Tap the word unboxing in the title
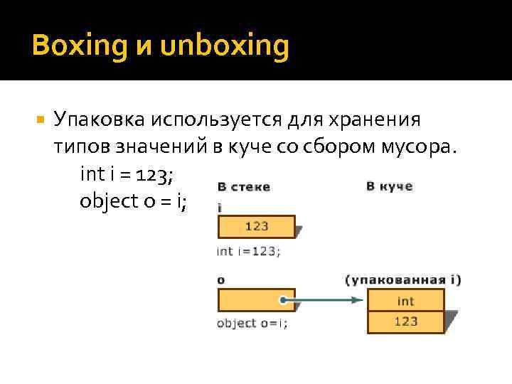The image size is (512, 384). point(225,47)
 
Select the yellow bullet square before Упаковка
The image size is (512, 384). point(40,118)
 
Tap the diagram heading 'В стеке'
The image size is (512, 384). point(244,187)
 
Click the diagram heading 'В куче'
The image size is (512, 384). point(389,186)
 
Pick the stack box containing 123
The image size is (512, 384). point(256,227)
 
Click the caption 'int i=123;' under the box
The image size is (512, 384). point(248,250)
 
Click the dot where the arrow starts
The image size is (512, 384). point(283,300)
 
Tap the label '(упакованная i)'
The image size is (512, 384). point(403,279)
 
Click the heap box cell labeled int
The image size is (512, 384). point(405,300)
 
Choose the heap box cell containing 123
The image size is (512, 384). point(405,321)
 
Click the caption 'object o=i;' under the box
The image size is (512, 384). point(252,323)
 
